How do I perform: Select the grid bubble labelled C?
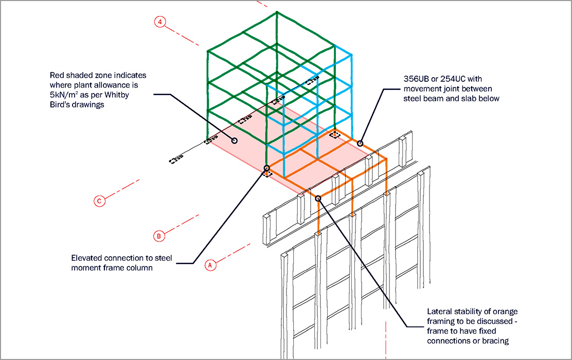point(100,201)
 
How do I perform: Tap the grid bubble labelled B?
point(159,236)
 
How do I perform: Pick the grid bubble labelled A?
point(209,265)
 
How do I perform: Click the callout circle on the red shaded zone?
point(235,140)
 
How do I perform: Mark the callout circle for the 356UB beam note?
point(360,143)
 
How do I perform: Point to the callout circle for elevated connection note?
point(266,168)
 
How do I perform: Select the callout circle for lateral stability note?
point(318,198)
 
